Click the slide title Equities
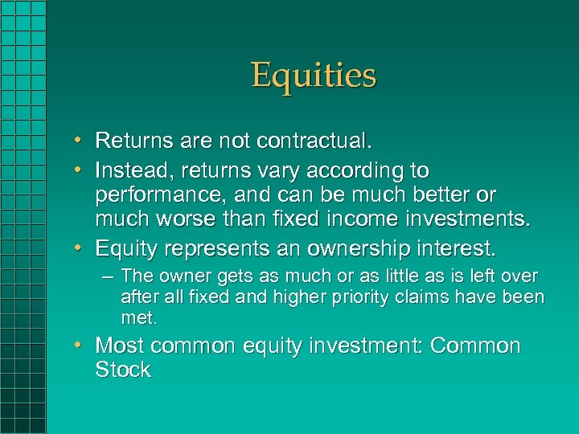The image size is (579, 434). (313, 76)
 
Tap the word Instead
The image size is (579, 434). (133, 170)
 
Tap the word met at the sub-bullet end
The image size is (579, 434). (139, 318)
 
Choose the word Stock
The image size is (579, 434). (123, 371)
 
